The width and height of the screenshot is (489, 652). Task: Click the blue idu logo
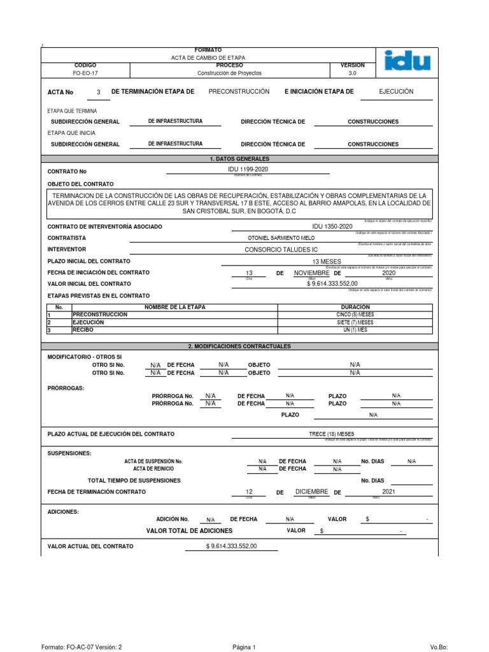click(x=407, y=62)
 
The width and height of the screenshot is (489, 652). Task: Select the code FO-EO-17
click(x=85, y=73)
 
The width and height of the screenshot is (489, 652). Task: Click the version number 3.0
click(x=353, y=73)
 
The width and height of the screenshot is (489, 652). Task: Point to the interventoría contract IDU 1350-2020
click(x=332, y=227)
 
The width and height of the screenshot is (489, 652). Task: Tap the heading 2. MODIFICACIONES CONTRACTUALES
click(x=239, y=346)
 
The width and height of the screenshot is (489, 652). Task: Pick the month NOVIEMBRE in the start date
click(x=312, y=273)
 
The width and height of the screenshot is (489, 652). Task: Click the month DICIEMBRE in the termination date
click(x=312, y=492)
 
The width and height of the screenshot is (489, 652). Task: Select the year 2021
click(x=389, y=492)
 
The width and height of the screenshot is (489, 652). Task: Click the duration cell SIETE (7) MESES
click(x=355, y=322)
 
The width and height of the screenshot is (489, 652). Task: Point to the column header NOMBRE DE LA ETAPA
click(x=175, y=308)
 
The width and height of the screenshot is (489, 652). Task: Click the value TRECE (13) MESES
click(x=330, y=434)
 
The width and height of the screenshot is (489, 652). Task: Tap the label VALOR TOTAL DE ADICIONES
click(x=189, y=530)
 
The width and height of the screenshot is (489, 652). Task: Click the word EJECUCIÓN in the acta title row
click(x=396, y=92)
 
